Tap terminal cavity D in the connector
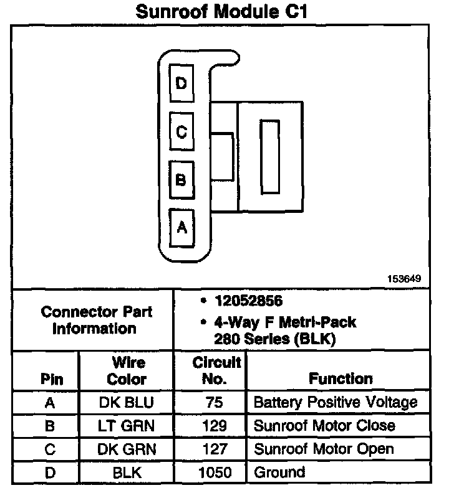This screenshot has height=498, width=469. point(181,83)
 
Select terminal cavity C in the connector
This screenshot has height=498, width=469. point(181,131)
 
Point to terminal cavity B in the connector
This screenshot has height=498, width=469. point(181,180)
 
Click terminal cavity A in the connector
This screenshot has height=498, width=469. point(181,227)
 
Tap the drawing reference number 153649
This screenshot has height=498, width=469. point(404,278)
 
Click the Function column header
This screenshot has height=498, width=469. point(340,378)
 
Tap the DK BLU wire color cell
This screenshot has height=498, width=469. point(127,403)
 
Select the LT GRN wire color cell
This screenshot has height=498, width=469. point(127,426)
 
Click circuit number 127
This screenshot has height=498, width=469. point(214,449)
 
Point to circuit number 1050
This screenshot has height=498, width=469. point(214,472)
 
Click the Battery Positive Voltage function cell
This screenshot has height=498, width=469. point(335,403)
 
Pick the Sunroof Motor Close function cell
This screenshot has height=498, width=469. point(324,426)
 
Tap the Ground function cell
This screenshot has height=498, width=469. point(279,472)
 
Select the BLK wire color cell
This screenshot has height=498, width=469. point(127,472)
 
